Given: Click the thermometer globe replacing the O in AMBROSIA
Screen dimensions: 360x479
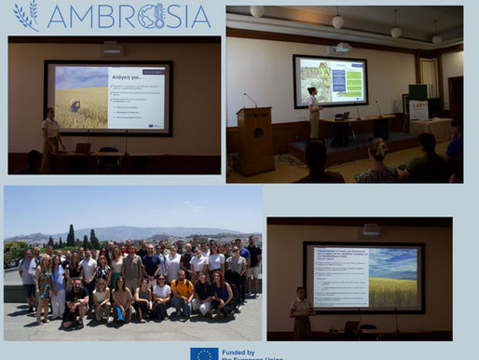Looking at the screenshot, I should click(150, 16).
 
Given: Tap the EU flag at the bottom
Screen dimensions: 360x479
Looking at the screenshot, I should click(204, 354).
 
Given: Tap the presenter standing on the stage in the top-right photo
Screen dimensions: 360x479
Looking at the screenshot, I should click(314, 113).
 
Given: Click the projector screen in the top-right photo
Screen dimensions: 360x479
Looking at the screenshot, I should click(330, 80).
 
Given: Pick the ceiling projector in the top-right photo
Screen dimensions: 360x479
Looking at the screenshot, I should click(341, 47).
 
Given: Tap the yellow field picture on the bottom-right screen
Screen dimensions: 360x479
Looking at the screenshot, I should click(393, 277).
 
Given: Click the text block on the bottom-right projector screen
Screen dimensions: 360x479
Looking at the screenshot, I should click(341, 276).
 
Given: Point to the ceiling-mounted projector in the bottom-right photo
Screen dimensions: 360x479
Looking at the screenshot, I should click(370, 229).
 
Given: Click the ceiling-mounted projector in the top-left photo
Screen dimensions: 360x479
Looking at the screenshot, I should click(112, 48).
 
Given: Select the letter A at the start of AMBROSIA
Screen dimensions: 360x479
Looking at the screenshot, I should click(58, 16).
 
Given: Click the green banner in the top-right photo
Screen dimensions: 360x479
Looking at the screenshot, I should click(417, 92).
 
